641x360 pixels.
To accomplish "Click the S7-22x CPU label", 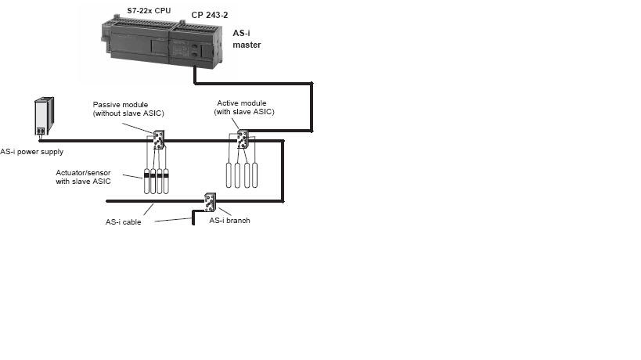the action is coord(149,11).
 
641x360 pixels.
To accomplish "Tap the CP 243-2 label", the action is coord(210,15).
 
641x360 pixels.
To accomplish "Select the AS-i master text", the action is coord(247,39).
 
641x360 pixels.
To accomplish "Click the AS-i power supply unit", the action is coord(44,116).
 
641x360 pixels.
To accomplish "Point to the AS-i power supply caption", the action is coord(32,152).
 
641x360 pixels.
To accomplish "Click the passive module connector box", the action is coord(159,140).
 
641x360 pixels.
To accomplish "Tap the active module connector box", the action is coord(243,139).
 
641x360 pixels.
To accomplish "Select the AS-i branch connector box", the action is coord(210,202).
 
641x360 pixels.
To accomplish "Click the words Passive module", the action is coord(121,105).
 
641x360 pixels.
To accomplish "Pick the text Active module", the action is coord(242,103).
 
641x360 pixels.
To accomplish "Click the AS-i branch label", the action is coord(230,220).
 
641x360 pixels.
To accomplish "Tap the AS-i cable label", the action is coord(123,222).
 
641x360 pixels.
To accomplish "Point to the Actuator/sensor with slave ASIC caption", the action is coord(84,177).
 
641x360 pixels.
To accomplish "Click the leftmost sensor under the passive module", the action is coord(147,181).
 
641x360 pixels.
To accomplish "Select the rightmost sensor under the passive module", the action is coord(166,181).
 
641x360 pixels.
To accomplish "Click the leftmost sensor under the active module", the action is coord(229,175).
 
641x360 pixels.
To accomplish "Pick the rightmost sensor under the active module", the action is coord(254,175).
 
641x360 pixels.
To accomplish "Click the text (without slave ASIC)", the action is coord(128,113).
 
